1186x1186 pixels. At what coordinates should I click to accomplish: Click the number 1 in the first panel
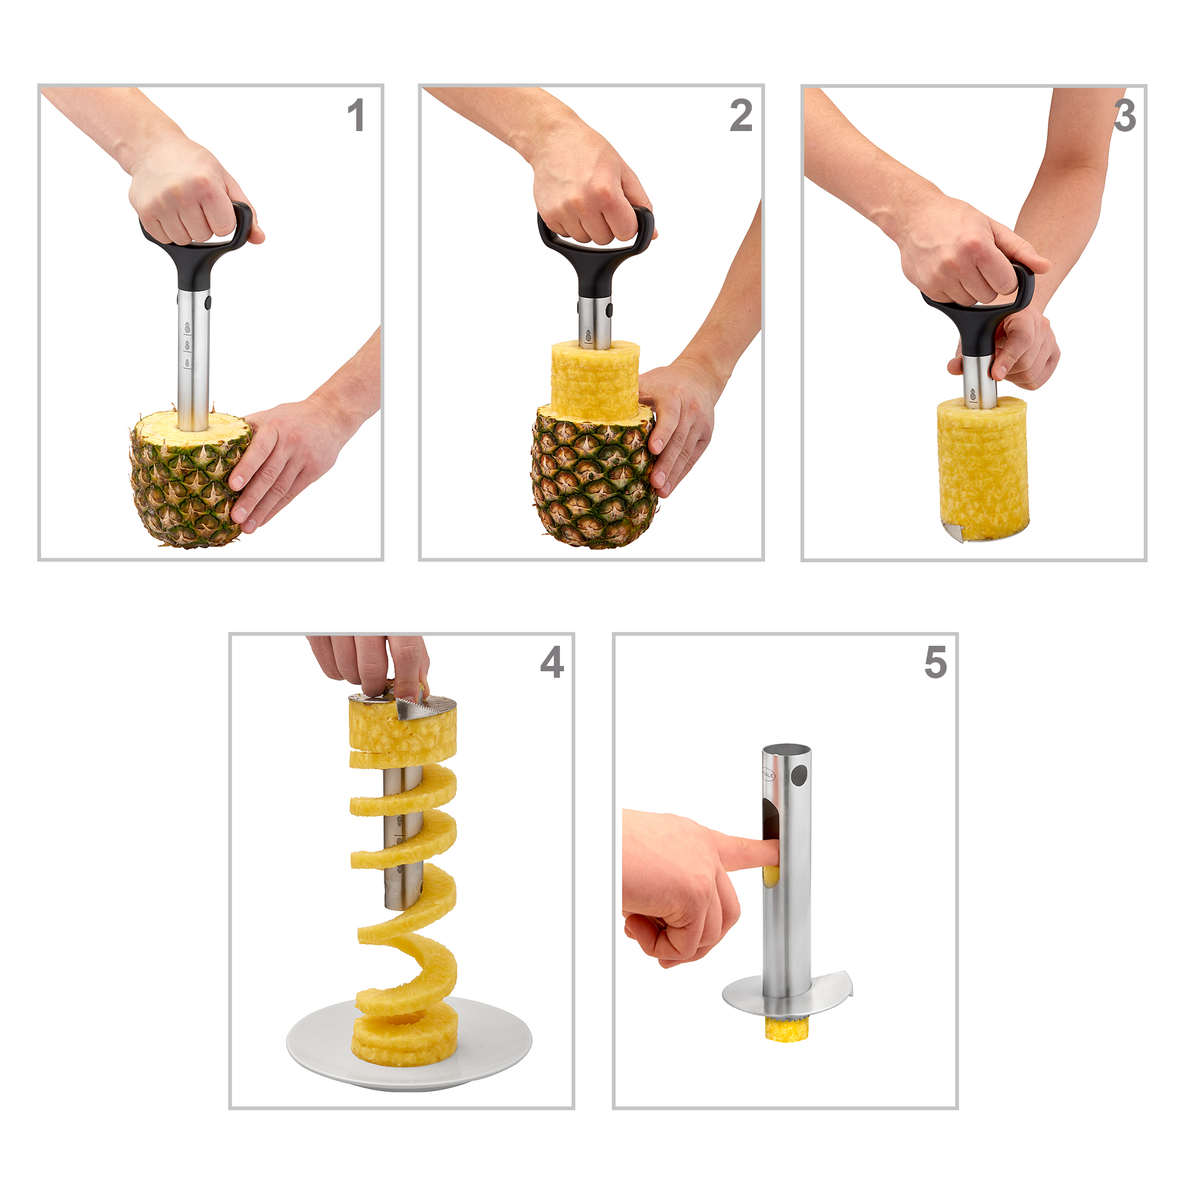[356, 116]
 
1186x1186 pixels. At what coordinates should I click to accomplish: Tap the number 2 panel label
[741, 116]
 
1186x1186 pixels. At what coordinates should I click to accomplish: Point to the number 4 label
[552, 662]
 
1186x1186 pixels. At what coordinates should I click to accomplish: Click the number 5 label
[936, 662]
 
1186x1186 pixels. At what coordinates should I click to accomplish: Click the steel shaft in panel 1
[193, 368]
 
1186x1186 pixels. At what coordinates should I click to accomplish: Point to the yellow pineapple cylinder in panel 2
[594, 381]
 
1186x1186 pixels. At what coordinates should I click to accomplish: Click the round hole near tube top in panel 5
[799, 776]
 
